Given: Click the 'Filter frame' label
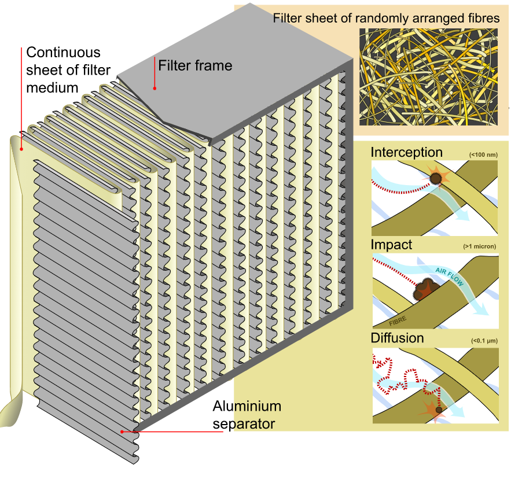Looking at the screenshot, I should coord(196,65).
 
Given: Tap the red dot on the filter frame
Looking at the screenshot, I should coord(155,88).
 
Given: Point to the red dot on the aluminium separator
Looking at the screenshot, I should coord(122,432).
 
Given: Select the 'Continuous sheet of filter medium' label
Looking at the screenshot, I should coord(64,70).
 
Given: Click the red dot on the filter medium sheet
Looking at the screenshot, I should coord(21,149).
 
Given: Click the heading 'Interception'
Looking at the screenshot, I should coord(406,152).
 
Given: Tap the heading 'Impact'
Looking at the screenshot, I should coord(391,245).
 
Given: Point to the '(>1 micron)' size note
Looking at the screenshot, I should coord(480,247).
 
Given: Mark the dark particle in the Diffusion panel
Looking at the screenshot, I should coord(440,410).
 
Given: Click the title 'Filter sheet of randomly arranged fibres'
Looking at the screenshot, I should coord(386,19).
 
